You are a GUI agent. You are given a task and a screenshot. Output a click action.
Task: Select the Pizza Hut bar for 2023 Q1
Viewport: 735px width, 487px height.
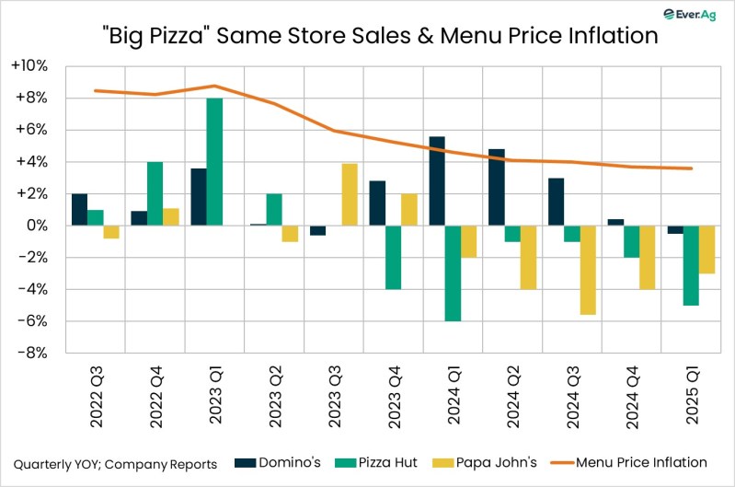(214, 161)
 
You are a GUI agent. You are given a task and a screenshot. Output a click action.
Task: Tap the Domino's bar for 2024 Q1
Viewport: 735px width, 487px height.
(437, 180)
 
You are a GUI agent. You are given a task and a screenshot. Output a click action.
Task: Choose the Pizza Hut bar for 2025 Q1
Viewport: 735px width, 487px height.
(690, 265)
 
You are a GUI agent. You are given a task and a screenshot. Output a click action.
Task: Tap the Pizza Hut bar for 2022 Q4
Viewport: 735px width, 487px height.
(155, 193)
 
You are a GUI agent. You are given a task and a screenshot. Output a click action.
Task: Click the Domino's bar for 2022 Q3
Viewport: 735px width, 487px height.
(79, 210)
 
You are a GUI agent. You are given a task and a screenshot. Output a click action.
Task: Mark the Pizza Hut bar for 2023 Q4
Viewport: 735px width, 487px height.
(394, 257)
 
